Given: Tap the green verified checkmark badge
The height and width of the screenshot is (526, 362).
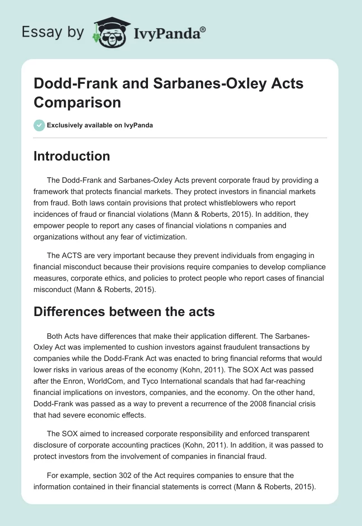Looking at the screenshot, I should pyautogui.click(x=39, y=125).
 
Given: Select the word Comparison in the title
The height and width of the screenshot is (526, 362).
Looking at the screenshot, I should pyautogui.click(x=77, y=102).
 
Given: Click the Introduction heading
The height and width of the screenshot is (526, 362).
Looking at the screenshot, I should pyautogui.click(x=72, y=156).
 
